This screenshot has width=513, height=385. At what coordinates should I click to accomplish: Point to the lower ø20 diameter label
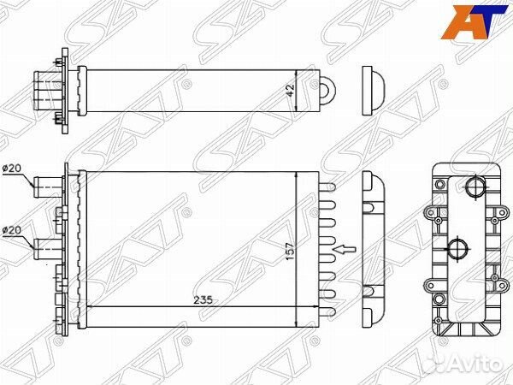[13, 230]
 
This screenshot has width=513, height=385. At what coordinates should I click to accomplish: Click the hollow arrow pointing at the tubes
[343, 250]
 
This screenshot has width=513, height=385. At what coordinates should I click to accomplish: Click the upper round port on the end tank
[474, 187]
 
